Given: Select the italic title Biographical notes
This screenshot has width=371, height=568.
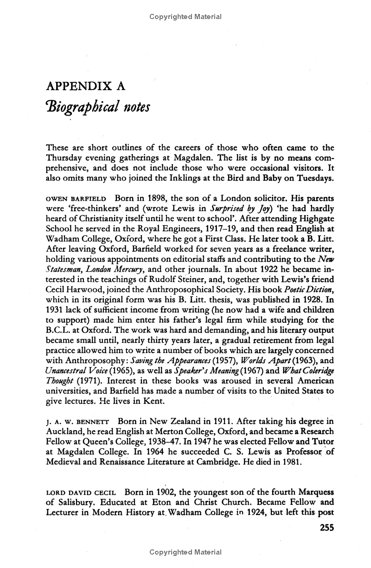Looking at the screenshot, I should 97,108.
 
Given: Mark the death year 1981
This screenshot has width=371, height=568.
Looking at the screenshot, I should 290,463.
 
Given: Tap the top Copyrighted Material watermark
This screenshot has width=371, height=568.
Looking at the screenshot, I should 185,17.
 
